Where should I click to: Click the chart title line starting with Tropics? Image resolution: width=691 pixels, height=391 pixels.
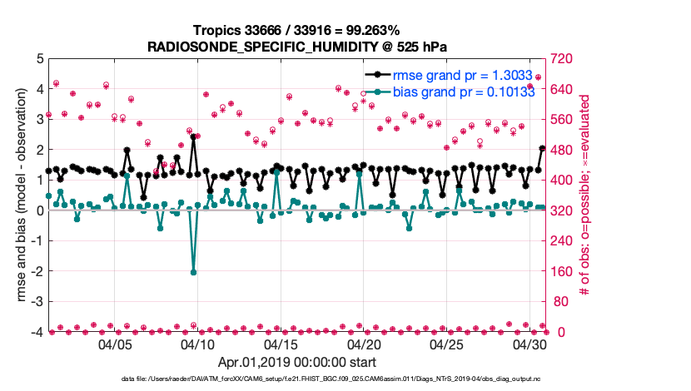pos(296,30)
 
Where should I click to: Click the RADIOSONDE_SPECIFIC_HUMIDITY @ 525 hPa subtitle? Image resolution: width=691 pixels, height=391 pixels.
pos(296,46)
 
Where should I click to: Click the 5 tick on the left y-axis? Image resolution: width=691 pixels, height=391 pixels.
pos(38,59)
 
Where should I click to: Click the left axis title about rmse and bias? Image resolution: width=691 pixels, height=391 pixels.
pos(17,195)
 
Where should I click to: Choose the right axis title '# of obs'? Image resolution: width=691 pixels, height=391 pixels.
pos(585,195)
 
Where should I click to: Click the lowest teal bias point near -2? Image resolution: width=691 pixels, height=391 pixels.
pos(193,272)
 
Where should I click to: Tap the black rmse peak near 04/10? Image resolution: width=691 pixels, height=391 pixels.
pos(193,137)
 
